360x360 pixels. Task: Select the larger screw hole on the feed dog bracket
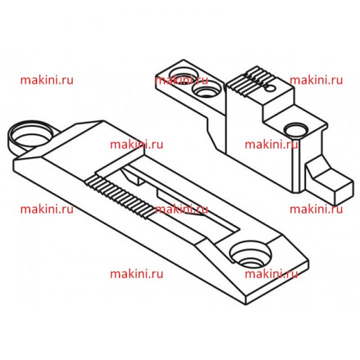[183, 75]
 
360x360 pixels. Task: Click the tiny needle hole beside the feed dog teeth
[271, 88]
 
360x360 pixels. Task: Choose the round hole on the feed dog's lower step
[295, 130]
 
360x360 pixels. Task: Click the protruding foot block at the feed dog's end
[330, 181]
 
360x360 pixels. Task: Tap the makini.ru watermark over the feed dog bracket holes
[181, 80]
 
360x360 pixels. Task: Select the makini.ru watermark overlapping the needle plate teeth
[181, 209]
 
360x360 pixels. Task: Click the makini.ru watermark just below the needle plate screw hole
[271, 274]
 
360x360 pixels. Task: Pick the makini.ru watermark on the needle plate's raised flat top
[136, 144]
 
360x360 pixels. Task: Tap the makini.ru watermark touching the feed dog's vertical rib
[271, 144]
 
